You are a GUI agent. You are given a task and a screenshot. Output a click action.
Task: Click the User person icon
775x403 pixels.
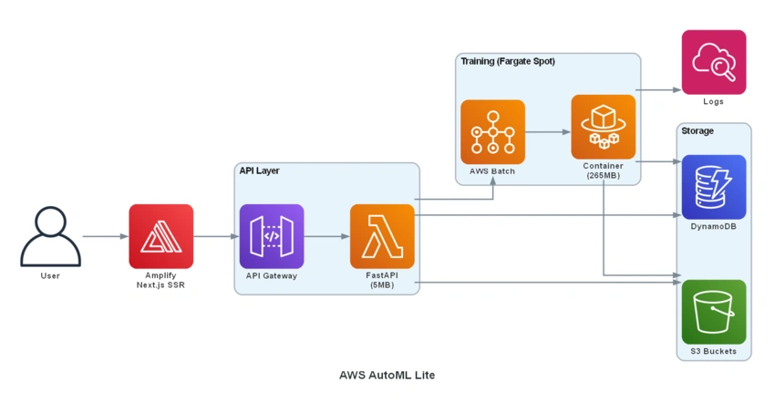50,236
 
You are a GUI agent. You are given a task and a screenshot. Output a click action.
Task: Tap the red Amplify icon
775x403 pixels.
161,236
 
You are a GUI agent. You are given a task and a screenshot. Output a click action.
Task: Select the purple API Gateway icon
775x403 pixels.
272,236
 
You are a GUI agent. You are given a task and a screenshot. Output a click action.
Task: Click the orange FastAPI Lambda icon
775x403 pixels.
382,236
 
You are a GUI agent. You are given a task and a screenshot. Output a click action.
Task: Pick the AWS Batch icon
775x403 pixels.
492,132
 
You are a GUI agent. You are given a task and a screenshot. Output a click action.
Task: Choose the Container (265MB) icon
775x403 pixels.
604,127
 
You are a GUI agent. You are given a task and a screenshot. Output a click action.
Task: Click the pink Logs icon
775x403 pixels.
714,62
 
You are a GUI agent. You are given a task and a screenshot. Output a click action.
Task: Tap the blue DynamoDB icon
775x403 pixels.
714,187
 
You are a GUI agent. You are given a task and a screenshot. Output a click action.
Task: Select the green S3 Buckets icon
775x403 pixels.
714,312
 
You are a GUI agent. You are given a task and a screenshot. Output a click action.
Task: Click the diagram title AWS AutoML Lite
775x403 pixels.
387,376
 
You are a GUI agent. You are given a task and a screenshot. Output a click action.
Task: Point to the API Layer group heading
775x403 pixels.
260,170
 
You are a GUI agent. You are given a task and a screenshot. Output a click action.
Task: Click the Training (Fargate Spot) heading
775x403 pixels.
508,61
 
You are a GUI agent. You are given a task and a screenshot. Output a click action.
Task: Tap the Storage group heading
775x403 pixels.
697,131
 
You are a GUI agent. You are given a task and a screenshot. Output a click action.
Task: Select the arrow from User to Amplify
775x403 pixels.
105,236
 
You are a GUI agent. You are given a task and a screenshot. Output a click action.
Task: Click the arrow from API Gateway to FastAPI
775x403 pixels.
326,236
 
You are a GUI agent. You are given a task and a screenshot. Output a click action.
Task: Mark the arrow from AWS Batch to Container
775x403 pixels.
548,132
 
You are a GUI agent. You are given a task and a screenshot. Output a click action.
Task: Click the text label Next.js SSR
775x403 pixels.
160,284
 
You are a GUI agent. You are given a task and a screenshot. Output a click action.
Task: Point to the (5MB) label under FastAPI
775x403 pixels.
382,284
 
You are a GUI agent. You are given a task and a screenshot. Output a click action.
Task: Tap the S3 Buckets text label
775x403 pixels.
713,351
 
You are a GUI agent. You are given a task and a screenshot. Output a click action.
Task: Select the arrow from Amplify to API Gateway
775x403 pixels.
216,236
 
